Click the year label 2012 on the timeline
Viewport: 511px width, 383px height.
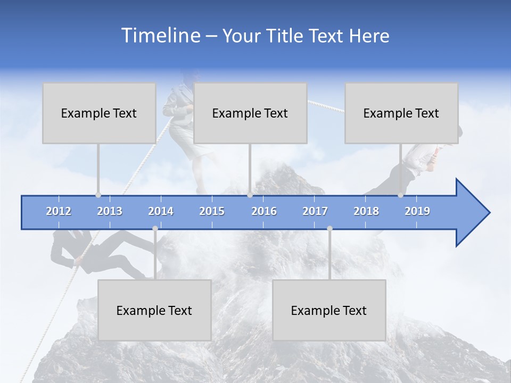coord(59,211)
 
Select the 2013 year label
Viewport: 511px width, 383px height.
coord(110,211)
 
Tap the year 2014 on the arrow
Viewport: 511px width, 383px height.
coord(161,211)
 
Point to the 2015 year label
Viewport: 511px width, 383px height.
coord(212,211)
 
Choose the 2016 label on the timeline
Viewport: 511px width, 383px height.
coord(264,211)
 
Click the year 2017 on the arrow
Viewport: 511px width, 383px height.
coord(315,211)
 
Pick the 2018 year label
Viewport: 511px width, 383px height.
coord(366,211)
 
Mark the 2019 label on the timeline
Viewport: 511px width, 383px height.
coord(417,211)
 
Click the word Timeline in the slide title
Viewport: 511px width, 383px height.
coord(160,36)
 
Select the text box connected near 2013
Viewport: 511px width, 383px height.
coord(99,113)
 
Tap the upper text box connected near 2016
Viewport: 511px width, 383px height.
coord(250,113)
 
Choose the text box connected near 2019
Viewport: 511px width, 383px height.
coord(401,113)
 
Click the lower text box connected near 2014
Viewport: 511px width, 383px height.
coord(154,310)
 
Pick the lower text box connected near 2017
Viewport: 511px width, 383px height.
coord(329,310)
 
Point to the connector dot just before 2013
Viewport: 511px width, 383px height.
coord(98,195)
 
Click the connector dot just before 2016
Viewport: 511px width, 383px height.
coord(250,195)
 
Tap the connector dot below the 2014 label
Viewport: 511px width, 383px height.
coord(155,228)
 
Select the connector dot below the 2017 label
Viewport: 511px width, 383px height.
coord(329,228)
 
